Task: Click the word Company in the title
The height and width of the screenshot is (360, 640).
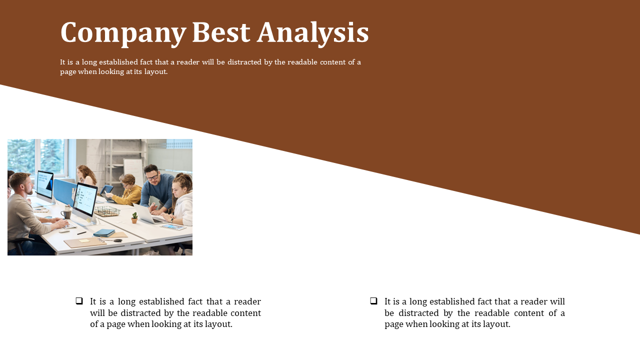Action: click(x=123, y=33)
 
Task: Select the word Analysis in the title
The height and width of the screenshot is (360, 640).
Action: click(x=313, y=33)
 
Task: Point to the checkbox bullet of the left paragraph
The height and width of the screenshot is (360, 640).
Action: click(x=79, y=301)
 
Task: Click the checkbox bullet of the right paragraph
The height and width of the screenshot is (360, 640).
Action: click(x=373, y=301)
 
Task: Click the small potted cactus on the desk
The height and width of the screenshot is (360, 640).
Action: click(x=134, y=217)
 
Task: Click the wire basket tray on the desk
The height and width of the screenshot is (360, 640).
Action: click(x=107, y=211)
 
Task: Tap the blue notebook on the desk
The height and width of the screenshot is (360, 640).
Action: click(x=104, y=233)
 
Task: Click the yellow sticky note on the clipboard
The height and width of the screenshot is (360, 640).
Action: click(x=84, y=241)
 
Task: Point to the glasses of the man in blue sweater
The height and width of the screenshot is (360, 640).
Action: click(x=152, y=177)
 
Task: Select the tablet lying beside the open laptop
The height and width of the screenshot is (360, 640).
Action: click(x=173, y=227)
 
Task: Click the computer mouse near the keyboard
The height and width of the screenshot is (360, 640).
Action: click(x=64, y=231)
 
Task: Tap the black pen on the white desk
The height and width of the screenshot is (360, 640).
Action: click(x=81, y=233)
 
